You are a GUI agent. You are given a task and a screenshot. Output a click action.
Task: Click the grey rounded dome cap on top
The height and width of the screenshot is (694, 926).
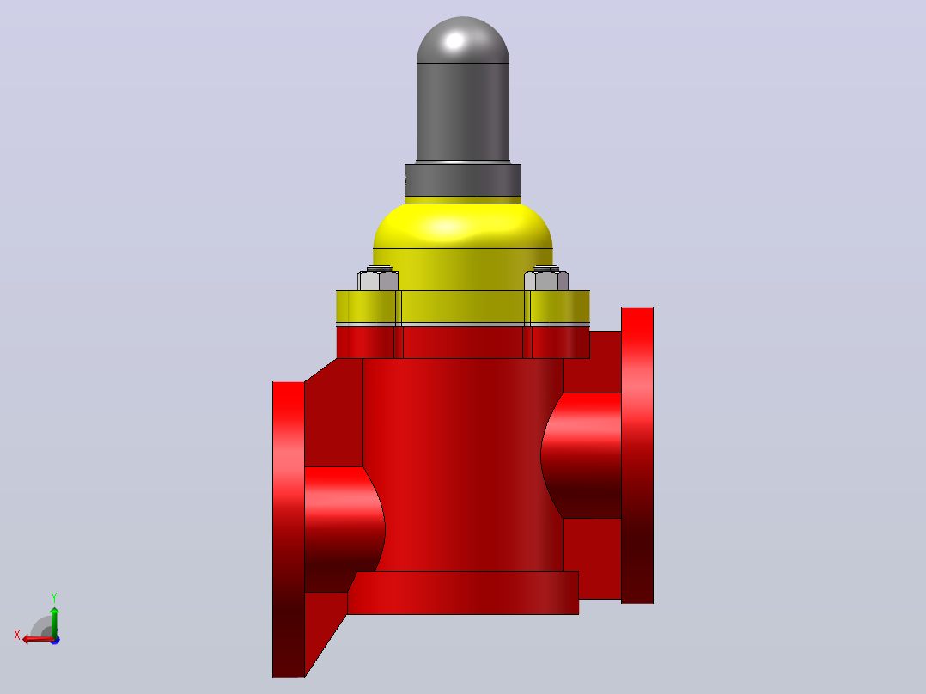click(x=463, y=40)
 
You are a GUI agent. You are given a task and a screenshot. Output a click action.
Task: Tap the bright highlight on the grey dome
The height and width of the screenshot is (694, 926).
click(x=454, y=40)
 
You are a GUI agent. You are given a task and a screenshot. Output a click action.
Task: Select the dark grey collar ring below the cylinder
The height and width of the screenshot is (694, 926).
click(x=463, y=180)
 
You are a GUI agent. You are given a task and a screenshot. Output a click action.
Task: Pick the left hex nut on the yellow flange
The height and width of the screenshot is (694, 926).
click(x=378, y=280)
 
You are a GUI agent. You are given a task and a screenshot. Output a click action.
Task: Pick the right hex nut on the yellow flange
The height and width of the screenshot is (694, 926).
click(x=546, y=280)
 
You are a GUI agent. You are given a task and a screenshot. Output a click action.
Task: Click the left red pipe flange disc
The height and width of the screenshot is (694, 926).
click(x=289, y=529)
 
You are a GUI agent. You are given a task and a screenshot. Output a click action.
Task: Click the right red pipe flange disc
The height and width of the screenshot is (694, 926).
click(x=637, y=455)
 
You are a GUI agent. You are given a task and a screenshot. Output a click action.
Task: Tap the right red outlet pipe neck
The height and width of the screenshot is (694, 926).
click(x=582, y=455)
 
